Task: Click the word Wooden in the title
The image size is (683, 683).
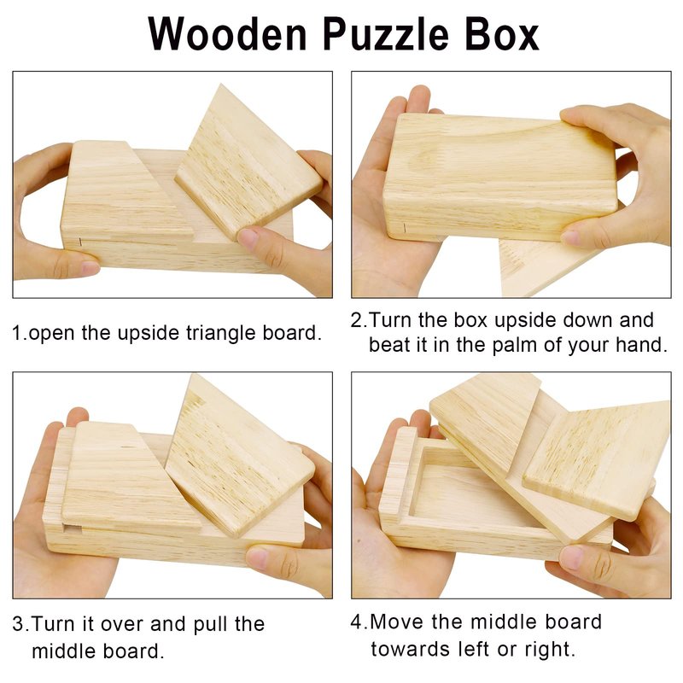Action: (x=228, y=34)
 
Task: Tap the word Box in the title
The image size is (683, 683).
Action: (x=502, y=34)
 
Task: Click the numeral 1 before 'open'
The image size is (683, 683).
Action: (x=17, y=334)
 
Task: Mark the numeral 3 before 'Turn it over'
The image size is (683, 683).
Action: (x=18, y=625)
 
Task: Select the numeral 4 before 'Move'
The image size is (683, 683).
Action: (x=357, y=622)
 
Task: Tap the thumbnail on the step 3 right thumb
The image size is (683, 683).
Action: (x=258, y=558)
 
